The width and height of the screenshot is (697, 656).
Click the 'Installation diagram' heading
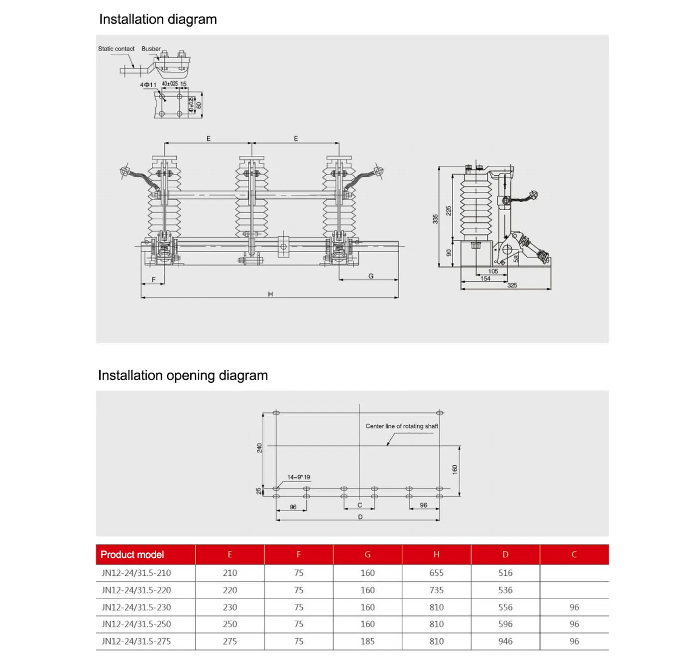(158, 19)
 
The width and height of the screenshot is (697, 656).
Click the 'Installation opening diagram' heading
(183, 375)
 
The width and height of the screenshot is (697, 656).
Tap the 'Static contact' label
(116, 49)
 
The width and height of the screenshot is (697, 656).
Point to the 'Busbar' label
(151, 49)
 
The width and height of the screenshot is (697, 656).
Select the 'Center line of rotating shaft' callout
(402, 426)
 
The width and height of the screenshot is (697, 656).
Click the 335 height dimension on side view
(435, 219)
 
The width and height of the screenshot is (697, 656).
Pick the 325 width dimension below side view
(512, 285)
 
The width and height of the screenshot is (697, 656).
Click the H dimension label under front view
(270, 294)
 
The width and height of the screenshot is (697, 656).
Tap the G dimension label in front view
(371, 276)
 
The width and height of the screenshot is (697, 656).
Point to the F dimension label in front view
(153, 279)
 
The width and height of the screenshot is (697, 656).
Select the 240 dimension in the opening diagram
(259, 448)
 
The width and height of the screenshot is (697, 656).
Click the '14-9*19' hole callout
(298, 477)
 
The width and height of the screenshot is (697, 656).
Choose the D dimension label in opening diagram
(360, 517)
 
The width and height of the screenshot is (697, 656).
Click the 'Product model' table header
(132, 554)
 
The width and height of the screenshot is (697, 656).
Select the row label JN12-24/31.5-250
(136, 624)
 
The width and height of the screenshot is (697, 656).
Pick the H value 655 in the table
(436, 573)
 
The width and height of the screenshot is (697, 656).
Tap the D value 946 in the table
(505, 641)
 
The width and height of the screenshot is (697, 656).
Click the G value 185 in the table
(367, 641)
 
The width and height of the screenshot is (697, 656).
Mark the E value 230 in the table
(230, 607)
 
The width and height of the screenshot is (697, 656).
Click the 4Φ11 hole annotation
(148, 85)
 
